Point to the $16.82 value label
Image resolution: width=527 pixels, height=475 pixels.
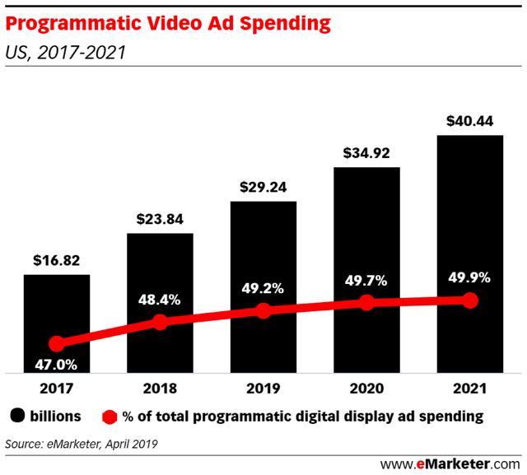[x=56, y=261]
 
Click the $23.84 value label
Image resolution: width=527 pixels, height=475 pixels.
[x=160, y=220]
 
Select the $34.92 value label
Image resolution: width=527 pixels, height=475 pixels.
[x=366, y=154]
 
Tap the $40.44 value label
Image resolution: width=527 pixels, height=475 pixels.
[x=470, y=121]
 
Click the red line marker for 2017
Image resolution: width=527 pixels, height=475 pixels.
[x=56, y=344]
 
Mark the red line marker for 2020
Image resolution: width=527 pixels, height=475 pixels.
[x=366, y=303]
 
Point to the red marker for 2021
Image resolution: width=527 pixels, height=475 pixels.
[x=470, y=300]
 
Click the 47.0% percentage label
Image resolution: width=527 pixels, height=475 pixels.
[x=56, y=364]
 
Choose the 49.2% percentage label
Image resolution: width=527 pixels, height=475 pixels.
[x=263, y=289]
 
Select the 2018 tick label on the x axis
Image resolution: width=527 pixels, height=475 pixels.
[x=160, y=388]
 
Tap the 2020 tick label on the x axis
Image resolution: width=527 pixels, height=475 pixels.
[x=366, y=388]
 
